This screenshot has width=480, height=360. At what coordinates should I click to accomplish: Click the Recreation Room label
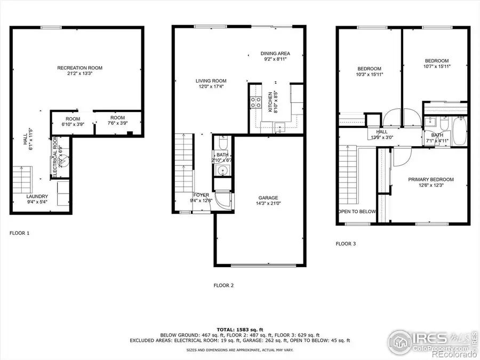(x=79, y=68)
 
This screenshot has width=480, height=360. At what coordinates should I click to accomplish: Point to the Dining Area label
(x=275, y=53)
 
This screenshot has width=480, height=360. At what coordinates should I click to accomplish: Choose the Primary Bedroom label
(x=431, y=179)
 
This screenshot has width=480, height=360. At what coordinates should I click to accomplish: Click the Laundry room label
(x=37, y=196)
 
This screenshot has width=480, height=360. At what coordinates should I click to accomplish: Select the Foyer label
(x=201, y=195)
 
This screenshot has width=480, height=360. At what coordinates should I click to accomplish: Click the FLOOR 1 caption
(x=20, y=233)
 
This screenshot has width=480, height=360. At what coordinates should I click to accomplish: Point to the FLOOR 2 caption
(x=223, y=285)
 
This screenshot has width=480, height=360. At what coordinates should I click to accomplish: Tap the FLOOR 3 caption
(x=346, y=244)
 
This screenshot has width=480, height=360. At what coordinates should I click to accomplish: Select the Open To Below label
(x=356, y=212)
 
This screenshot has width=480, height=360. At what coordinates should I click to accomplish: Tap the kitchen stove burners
(x=255, y=102)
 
